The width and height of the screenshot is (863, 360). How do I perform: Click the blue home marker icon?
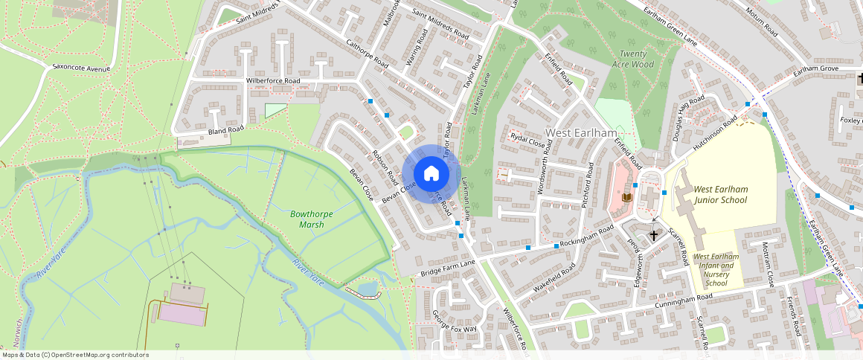click(x=431, y=174)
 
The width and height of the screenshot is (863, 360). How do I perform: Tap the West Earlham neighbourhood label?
click(x=582, y=133)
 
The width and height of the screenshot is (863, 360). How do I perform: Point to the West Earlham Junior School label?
click(x=720, y=195)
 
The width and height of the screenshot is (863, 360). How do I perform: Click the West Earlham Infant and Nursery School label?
click(x=715, y=269)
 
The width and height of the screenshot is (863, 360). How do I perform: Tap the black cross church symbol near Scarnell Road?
click(x=654, y=236)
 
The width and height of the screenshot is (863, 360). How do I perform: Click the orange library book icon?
click(x=627, y=197)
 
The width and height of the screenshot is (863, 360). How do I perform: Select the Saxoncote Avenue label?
click(x=81, y=68)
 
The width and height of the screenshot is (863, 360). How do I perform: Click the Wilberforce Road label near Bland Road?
click(x=273, y=80)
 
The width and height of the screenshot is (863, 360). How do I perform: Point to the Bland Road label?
click(x=226, y=131)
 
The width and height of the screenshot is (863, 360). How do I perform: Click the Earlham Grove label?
click(x=816, y=69)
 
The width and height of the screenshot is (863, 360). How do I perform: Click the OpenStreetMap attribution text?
click(x=76, y=355)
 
